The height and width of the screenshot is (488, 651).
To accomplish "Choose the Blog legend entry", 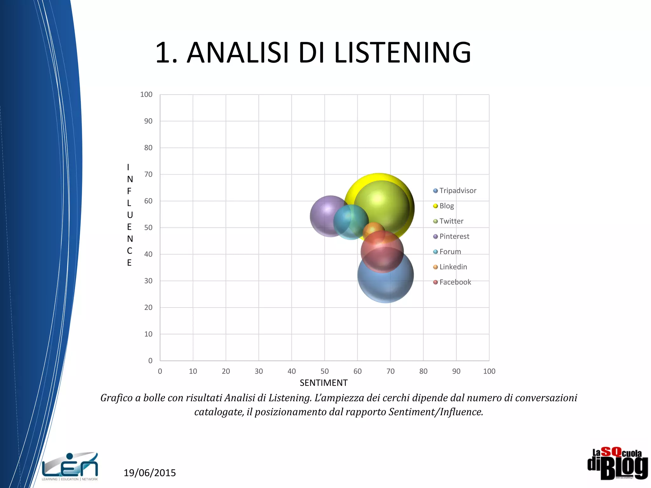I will (x=446, y=206).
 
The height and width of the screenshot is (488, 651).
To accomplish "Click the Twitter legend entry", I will (x=451, y=221).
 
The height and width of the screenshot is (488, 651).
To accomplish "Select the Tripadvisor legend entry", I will (x=457, y=191).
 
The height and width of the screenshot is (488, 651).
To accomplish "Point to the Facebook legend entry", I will (x=455, y=282).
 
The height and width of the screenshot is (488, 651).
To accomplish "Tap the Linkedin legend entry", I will (x=453, y=267).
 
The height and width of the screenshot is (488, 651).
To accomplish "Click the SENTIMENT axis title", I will (x=324, y=383).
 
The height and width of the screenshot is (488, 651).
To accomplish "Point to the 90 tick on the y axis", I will (x=148, y=121).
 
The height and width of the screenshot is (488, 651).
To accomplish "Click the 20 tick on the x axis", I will (x=226, y=371).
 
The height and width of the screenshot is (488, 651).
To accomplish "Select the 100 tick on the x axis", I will (x=489, y=371).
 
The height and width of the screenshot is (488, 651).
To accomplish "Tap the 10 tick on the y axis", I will (x=148, y=334).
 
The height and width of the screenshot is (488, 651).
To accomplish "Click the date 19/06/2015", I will (x=149, y=473).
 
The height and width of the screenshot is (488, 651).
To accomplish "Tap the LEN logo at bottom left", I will (x=70, y=466).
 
